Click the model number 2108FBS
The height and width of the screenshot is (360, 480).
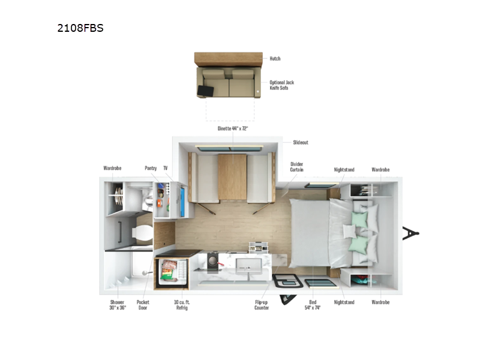81,28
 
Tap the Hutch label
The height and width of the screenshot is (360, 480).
275,59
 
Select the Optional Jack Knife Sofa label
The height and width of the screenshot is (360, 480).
281,85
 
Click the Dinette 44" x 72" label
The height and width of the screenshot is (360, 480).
233,128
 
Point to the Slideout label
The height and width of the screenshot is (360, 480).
301,142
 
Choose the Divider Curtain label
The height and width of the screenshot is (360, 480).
296,166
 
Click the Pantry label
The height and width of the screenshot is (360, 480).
151,169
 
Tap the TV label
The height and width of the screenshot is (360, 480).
166,169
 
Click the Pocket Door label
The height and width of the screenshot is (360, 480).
142,305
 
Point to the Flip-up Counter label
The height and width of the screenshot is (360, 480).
262,305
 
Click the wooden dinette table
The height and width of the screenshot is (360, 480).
232,178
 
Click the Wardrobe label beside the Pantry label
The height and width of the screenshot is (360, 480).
112,169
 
